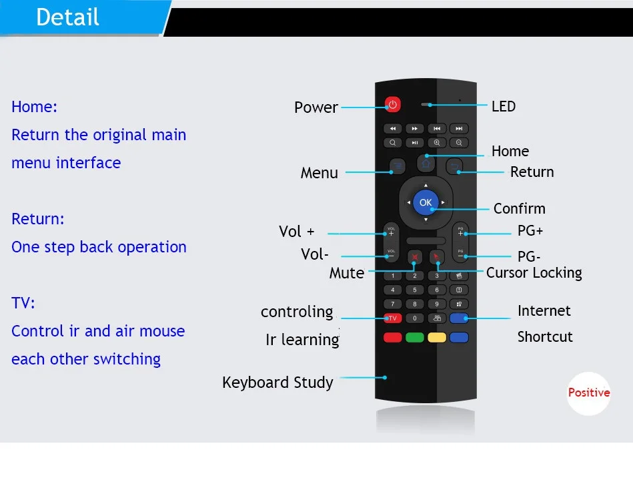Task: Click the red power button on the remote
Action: (x=392, y=104)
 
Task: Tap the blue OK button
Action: (x=426, y=202)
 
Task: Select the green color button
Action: (x=415, y=337)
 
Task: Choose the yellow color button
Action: (x=437, y=337)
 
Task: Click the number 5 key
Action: (x=415, y=290)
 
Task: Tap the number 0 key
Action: (x=415, y=318)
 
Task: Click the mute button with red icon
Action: (x=415, y=257)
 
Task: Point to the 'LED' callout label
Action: (x=504, y=106)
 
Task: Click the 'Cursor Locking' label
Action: (x=534, y=272)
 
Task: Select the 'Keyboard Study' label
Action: (x=277, y=382)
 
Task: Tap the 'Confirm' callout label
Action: (x=519, y=208)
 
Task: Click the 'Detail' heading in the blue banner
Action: (x=67, y=17)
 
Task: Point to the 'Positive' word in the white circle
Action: (x=588, y=393)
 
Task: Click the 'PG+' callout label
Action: (x=530, y=231)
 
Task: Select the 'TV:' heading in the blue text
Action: (x=23, y=302)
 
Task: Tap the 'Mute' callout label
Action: (x=347, y=273)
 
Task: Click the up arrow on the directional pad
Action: (x=426, y=185)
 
